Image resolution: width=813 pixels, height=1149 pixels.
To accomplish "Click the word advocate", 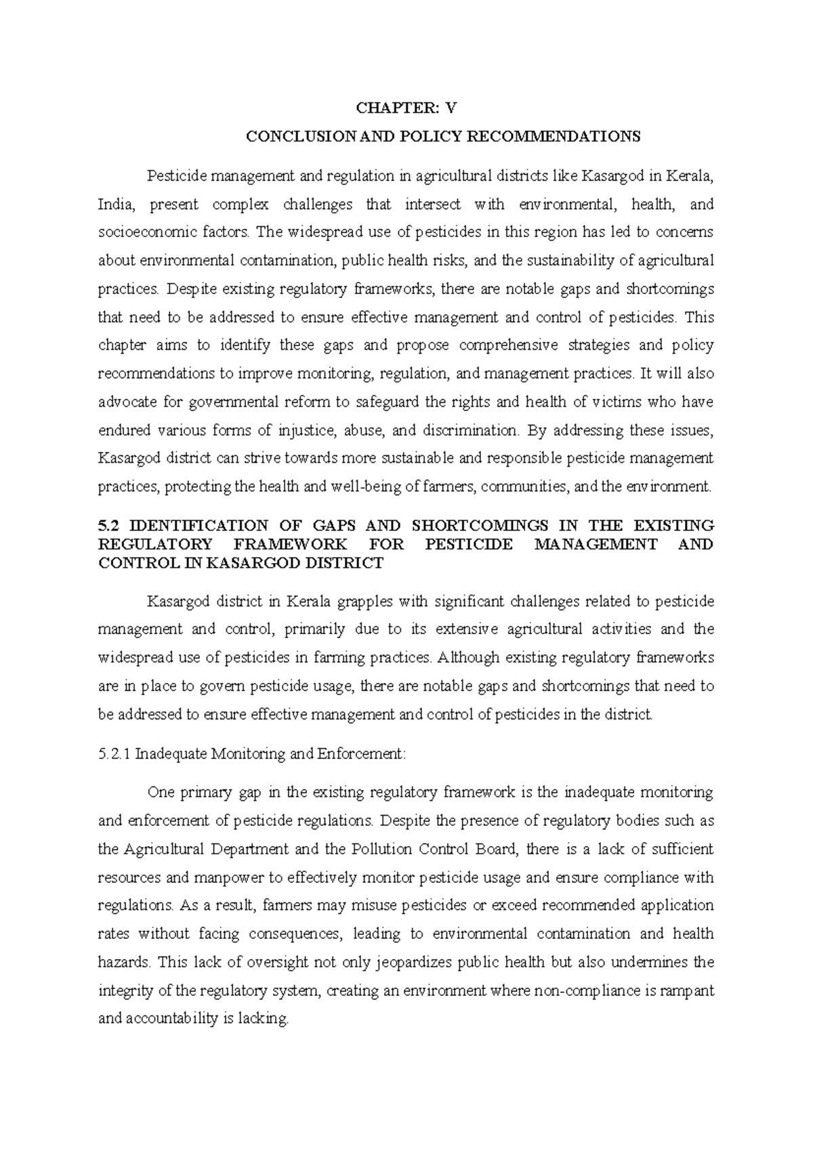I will click(127, 402).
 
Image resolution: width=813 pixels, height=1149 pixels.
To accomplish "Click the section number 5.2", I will click(108, 526).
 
